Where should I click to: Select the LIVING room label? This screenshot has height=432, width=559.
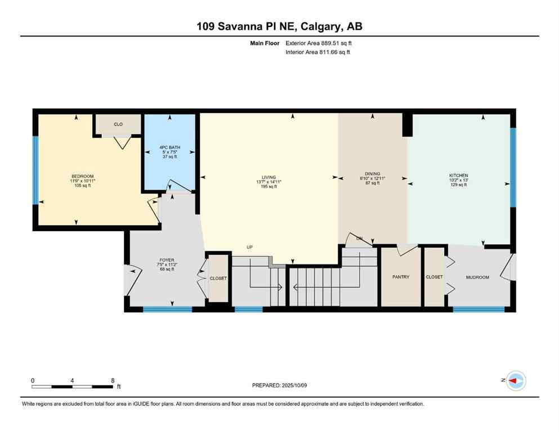(x=269, y=177)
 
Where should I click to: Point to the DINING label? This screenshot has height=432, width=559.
(x=372, y=174)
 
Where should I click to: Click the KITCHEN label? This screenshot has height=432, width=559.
(x=458, y=175)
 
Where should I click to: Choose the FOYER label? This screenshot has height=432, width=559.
(x=166, y=260)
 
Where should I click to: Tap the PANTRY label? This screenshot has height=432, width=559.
(x=401, y=277)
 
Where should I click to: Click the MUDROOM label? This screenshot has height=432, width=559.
(x=477, y=277)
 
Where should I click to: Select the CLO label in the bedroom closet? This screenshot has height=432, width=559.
(x=118, y=124)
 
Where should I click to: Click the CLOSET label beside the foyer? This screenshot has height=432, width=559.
(x=218, y=278)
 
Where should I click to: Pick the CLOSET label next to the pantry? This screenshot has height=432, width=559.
(x=434, y=277)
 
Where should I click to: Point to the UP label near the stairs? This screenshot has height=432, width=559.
(x=249, y=247)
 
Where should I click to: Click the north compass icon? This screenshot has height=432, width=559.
(x=515, y=381)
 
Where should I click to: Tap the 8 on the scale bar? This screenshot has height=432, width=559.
(x=113, y=380)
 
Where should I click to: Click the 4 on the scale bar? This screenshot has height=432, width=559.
(x=72, y=380)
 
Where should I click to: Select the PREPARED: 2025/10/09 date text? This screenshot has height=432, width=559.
(x=279, y=385)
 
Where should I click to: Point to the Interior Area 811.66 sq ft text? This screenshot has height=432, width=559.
(x=319, y=52)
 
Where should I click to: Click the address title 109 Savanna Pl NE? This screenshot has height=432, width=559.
(x=279, y=26)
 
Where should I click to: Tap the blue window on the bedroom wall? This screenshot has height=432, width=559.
(x=35, y=170)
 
